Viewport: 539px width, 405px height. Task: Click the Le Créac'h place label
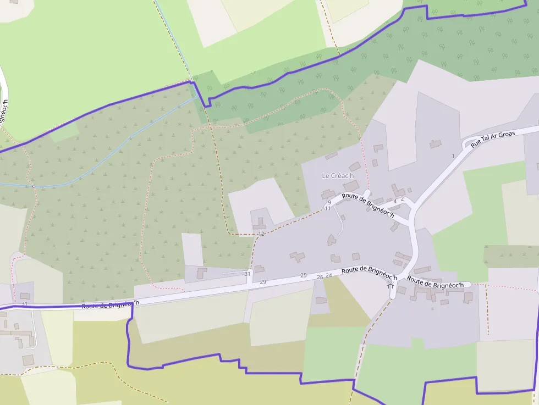pyautogui.click(x=337, y=176)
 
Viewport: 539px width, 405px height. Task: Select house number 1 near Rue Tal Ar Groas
pyautogui.click(x=453, y=156)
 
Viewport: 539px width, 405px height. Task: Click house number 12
pyautogui.click(x=261, y=234)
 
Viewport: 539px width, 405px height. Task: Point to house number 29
pyautogui.click(x=263, y=282)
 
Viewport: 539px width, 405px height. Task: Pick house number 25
pyautogui.click(x=304, y=275)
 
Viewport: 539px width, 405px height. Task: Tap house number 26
pyautogui.click(x=320, y=278)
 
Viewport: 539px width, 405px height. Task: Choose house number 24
pyautogui.click(x=329, y=275)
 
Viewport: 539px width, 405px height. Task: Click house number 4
pyautogui.click(x=395, y=202)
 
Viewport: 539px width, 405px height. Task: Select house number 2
pyautogui.click(x=402, y=199)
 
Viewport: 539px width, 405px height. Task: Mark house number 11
pyautogui.click(x=328, y=208)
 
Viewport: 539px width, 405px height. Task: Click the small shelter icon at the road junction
pyautogui.click(x=391, y=286)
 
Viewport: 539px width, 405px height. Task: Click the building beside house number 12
pyautogui.click(x=259, y=224)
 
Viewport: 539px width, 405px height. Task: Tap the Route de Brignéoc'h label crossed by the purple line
pyautogui.click(x=110, y=304)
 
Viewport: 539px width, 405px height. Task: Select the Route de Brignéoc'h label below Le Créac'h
pyautogui.click(x=368, y=206)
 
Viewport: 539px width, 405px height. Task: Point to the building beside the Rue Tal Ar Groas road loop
pyautogui.click(x=435, y=144)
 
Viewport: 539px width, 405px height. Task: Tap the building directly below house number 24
pyautogui.click(x=321, y=301)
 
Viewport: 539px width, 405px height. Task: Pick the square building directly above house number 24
pyautogui.click(x=335, y=258)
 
